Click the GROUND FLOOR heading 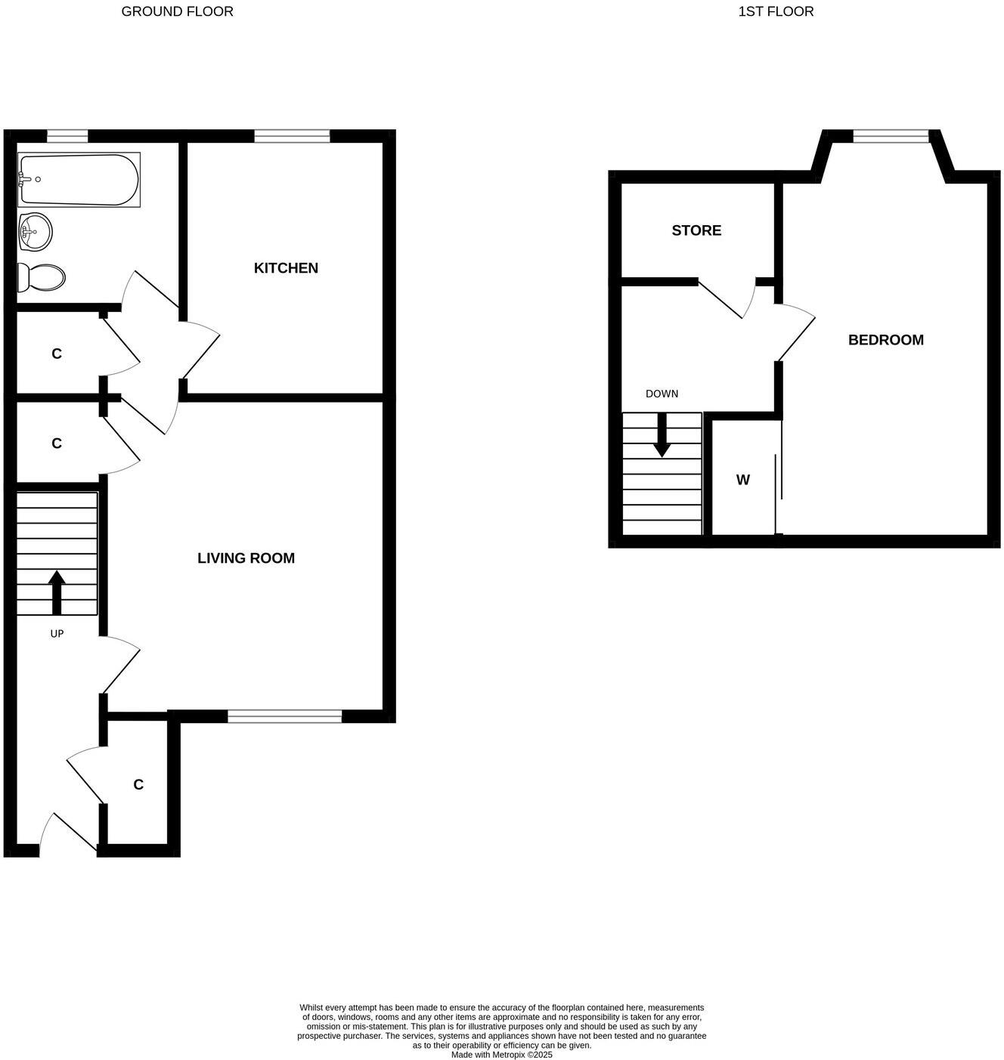click(177, 11)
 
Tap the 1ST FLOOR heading click(776, 11)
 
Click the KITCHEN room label click(286, 268)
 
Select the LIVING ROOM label click(246, 558)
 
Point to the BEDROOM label click(885, 340)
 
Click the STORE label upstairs click(696, 230)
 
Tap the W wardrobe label click(743, 480)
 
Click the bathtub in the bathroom click(79, 180)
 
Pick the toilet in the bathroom click(42, 277)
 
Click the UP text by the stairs click(57, 634)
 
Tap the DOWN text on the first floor click(662, 394)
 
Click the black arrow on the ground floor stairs click(57, 592)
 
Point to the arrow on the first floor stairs click(662, 436)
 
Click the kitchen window click(292, 136)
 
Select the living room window click(284, 716)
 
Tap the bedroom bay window click(891, 136)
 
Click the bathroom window click(67, 136)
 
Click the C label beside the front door click(138, 785)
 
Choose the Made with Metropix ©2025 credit click(501, 1055)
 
